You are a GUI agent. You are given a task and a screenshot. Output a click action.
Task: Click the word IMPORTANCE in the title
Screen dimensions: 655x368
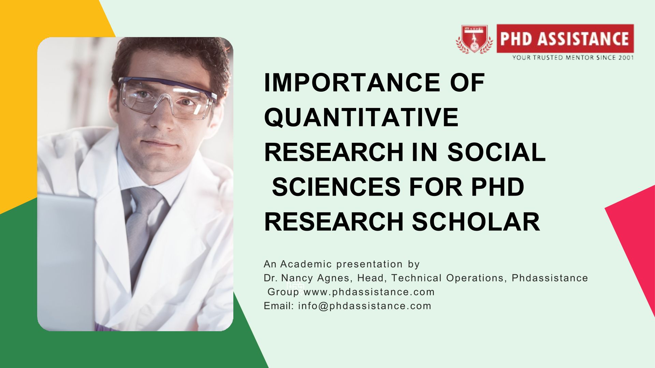point(352,82)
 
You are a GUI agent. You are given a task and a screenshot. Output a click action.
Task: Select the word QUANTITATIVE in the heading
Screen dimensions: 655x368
point(361,117)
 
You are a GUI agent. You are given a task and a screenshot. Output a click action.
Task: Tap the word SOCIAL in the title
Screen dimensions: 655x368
point(496,152)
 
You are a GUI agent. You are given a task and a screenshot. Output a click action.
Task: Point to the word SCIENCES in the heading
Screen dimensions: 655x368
point(336,187)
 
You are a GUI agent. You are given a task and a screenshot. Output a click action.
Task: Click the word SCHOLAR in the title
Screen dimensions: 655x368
point(476,222)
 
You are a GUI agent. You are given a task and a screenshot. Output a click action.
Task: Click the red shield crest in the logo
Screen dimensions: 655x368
point(474,39)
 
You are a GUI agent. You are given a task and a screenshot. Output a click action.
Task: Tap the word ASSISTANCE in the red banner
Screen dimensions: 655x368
point(583,39)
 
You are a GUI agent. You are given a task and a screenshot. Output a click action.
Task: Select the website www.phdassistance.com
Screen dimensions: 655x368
point(369,292)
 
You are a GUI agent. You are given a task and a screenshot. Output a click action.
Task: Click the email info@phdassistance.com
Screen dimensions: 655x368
point(365,306)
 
